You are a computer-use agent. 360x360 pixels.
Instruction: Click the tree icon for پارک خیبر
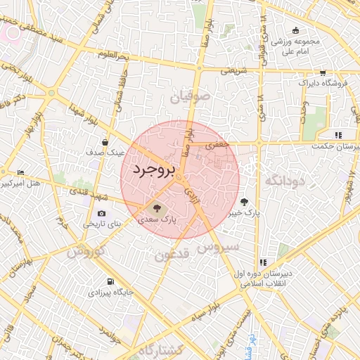tap(243, 200)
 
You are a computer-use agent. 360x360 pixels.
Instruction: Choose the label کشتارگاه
tap(161, 350)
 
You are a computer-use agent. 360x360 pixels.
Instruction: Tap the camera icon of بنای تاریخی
tap(102, 213)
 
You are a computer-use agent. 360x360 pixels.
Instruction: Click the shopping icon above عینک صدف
tap(105, 141)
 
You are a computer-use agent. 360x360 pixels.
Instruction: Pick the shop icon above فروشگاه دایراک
tap(322, 72)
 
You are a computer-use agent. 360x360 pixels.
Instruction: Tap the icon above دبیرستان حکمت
tap(338, 135)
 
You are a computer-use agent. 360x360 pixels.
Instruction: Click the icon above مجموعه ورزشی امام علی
tap(296, 30)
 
